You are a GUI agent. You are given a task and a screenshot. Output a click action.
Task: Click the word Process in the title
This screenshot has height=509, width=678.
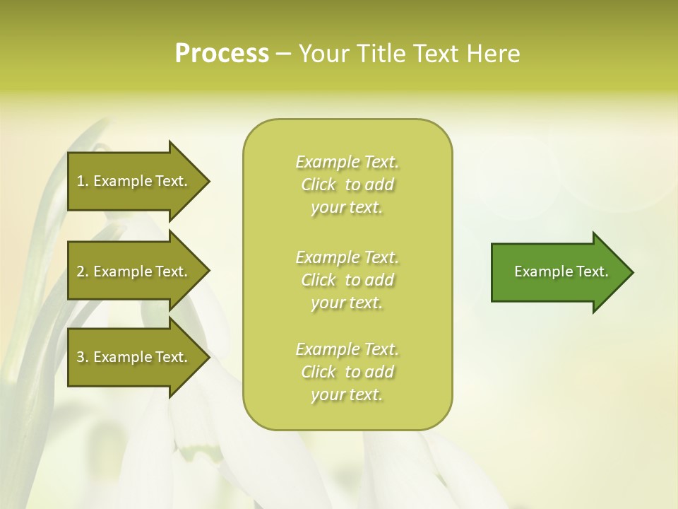(x=222, y=54)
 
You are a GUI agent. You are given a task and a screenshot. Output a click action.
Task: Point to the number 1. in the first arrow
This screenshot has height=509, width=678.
(x=83, y=181)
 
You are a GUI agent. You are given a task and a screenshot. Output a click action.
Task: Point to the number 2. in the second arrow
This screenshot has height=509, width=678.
(x=83, y=271)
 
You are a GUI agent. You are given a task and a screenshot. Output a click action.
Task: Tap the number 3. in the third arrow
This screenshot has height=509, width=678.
(x=83, y=357)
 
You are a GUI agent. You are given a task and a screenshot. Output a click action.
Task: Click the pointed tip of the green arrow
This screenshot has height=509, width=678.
(x=631, y=272)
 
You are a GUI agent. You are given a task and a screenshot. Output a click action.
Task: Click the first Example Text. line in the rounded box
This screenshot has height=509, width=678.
(x=347, y=162)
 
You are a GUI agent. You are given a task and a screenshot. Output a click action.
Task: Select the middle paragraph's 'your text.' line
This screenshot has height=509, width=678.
(x=347, y=303)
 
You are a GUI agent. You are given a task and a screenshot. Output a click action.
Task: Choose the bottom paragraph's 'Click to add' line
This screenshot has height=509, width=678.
(x=347, y=372)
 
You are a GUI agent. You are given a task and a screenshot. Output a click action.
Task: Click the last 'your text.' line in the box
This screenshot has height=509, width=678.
(x=347, y=394)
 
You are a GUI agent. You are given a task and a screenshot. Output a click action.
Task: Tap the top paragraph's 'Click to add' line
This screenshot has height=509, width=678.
(x=347, y=185)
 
